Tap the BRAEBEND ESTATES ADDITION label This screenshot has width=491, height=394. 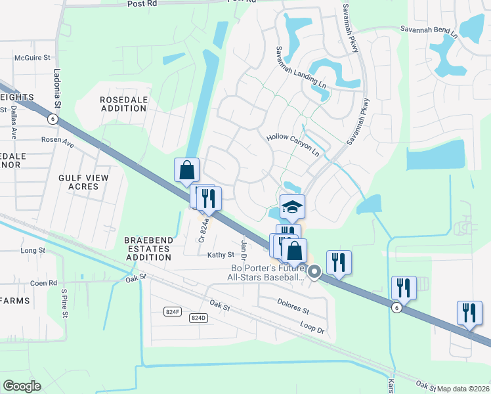[x=149, y=249]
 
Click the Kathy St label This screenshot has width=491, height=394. [x=221, y=255]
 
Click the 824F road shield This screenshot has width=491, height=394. [x=172, y=311]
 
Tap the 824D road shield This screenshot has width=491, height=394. [x=198, y=318]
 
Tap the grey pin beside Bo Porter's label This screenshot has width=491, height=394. [x=314, y=271]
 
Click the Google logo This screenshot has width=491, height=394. [x=22, y=386]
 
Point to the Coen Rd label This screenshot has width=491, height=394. [x=44, y=283]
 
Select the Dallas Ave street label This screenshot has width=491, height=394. [x=13, y=124]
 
